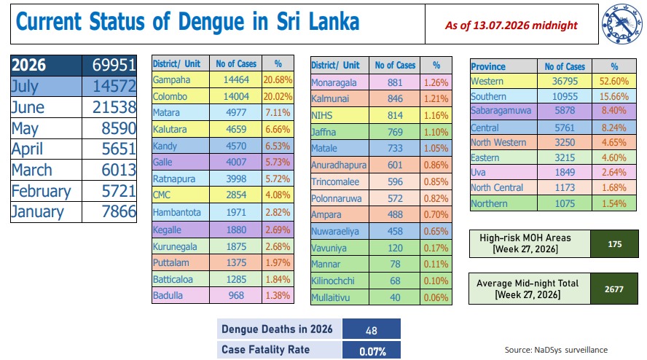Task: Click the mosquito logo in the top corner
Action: coord(621,23)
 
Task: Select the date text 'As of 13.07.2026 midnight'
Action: coord(511,26)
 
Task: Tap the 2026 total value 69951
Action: coord(114,65)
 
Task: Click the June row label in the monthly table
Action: coord(28,107)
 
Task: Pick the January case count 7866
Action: coord(119,211)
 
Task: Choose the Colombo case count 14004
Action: coord(236,96)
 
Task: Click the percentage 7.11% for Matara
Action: coord(278,113)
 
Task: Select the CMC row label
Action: coord(161,195)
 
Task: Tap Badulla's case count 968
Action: coord(237,295)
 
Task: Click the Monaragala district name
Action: coord(334,82)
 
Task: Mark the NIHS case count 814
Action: coord(395,115)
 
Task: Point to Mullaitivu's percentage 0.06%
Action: coord(436,297)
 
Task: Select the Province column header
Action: coord(488,66)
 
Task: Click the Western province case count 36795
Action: coord(565,81)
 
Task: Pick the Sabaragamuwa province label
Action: coord(501,111)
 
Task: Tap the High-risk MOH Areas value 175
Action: coord(614,244)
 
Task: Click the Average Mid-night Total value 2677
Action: coord(614,289)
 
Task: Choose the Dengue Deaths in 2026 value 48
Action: coord(372,331)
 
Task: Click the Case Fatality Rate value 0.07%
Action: coord(372,351)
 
